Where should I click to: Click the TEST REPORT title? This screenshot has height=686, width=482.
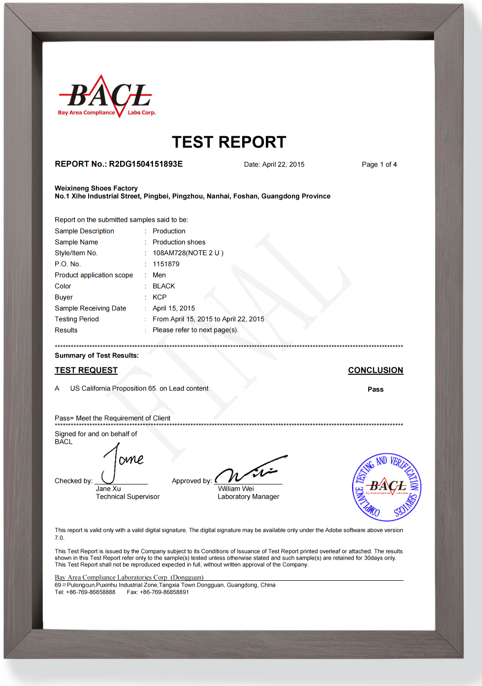(229, 142)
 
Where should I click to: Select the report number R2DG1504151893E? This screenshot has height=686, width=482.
(146, 164)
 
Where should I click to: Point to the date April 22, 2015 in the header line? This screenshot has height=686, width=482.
(283, 165)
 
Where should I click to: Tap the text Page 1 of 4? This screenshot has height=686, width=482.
(379, 165)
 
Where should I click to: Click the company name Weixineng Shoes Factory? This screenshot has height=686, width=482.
(96, 188)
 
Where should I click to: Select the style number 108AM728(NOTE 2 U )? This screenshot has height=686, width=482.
(188, 253)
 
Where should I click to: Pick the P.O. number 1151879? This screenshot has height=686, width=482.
(166, 264)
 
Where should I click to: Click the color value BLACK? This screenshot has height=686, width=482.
(164, 286)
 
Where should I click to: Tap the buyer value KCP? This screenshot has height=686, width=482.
(160, 298)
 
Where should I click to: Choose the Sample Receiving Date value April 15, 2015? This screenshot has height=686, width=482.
(174, 308)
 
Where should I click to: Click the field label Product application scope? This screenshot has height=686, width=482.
(94, 275)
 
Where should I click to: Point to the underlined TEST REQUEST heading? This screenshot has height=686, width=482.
(86, 370)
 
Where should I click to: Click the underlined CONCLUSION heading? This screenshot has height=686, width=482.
(376, 370)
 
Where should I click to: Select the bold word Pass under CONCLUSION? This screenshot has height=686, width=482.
(376, 389)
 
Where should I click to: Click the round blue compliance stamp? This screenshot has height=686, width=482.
(387, 487)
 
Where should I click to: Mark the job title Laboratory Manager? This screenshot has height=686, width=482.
(248, 497)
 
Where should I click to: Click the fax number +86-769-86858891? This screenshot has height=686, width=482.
(164, 593)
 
